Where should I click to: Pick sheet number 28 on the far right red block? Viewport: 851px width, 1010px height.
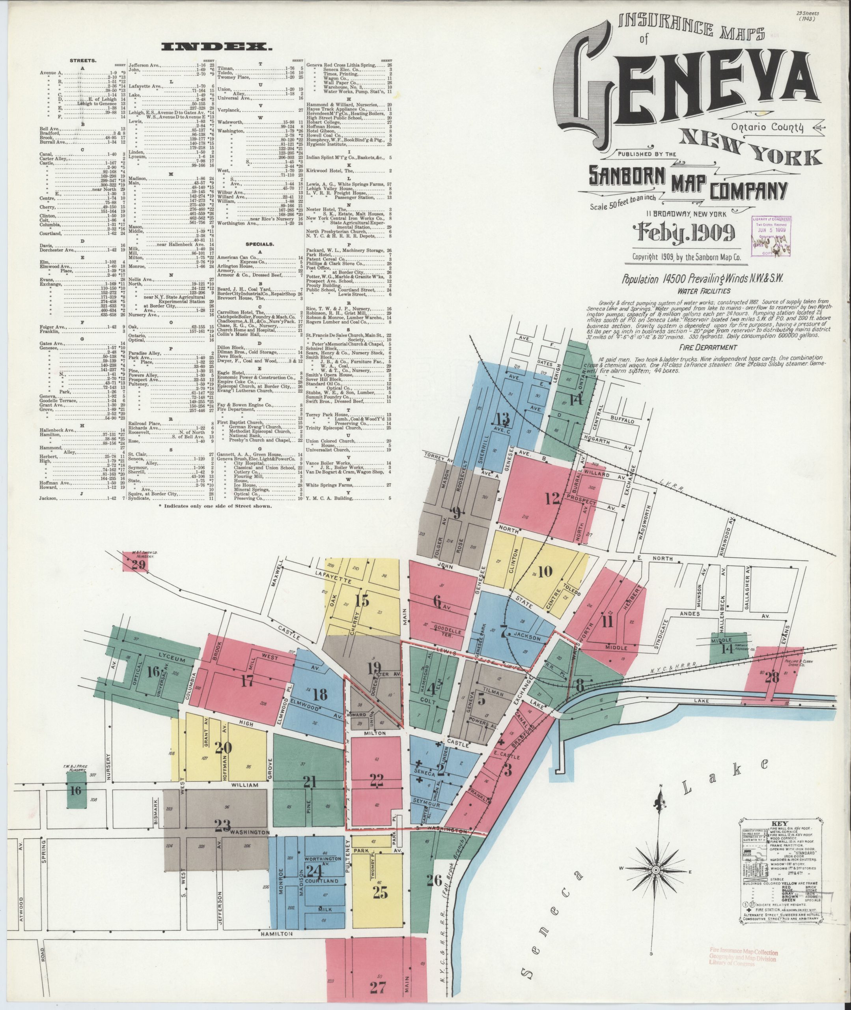coord(772,677)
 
